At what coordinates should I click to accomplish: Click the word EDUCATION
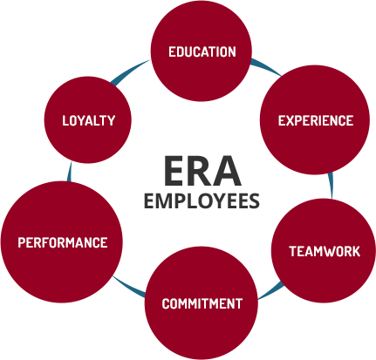point(202,52)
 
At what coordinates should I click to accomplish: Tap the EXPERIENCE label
point(316,120)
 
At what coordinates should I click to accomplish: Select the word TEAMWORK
point(325,251)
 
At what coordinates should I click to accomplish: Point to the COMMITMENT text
point(202,303)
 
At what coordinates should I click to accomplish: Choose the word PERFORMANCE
point(63,242)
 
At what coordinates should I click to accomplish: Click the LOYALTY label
point(89,120)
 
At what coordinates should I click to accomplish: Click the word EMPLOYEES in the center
point(202,201)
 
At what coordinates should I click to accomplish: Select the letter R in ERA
point(202,171)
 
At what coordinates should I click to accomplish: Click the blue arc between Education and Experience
point(266,66)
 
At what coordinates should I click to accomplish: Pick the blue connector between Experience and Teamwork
point(331,186)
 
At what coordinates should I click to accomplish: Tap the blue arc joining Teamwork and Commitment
point(270,291)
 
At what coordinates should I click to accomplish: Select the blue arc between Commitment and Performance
point(128,287)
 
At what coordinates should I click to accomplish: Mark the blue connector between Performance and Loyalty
point(69,172)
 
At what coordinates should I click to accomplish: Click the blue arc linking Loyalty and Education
point(130,72)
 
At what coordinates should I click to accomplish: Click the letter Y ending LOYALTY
point(111,120)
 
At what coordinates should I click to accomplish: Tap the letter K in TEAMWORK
point(356,251)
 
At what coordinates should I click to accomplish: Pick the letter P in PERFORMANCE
point(22,242)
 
